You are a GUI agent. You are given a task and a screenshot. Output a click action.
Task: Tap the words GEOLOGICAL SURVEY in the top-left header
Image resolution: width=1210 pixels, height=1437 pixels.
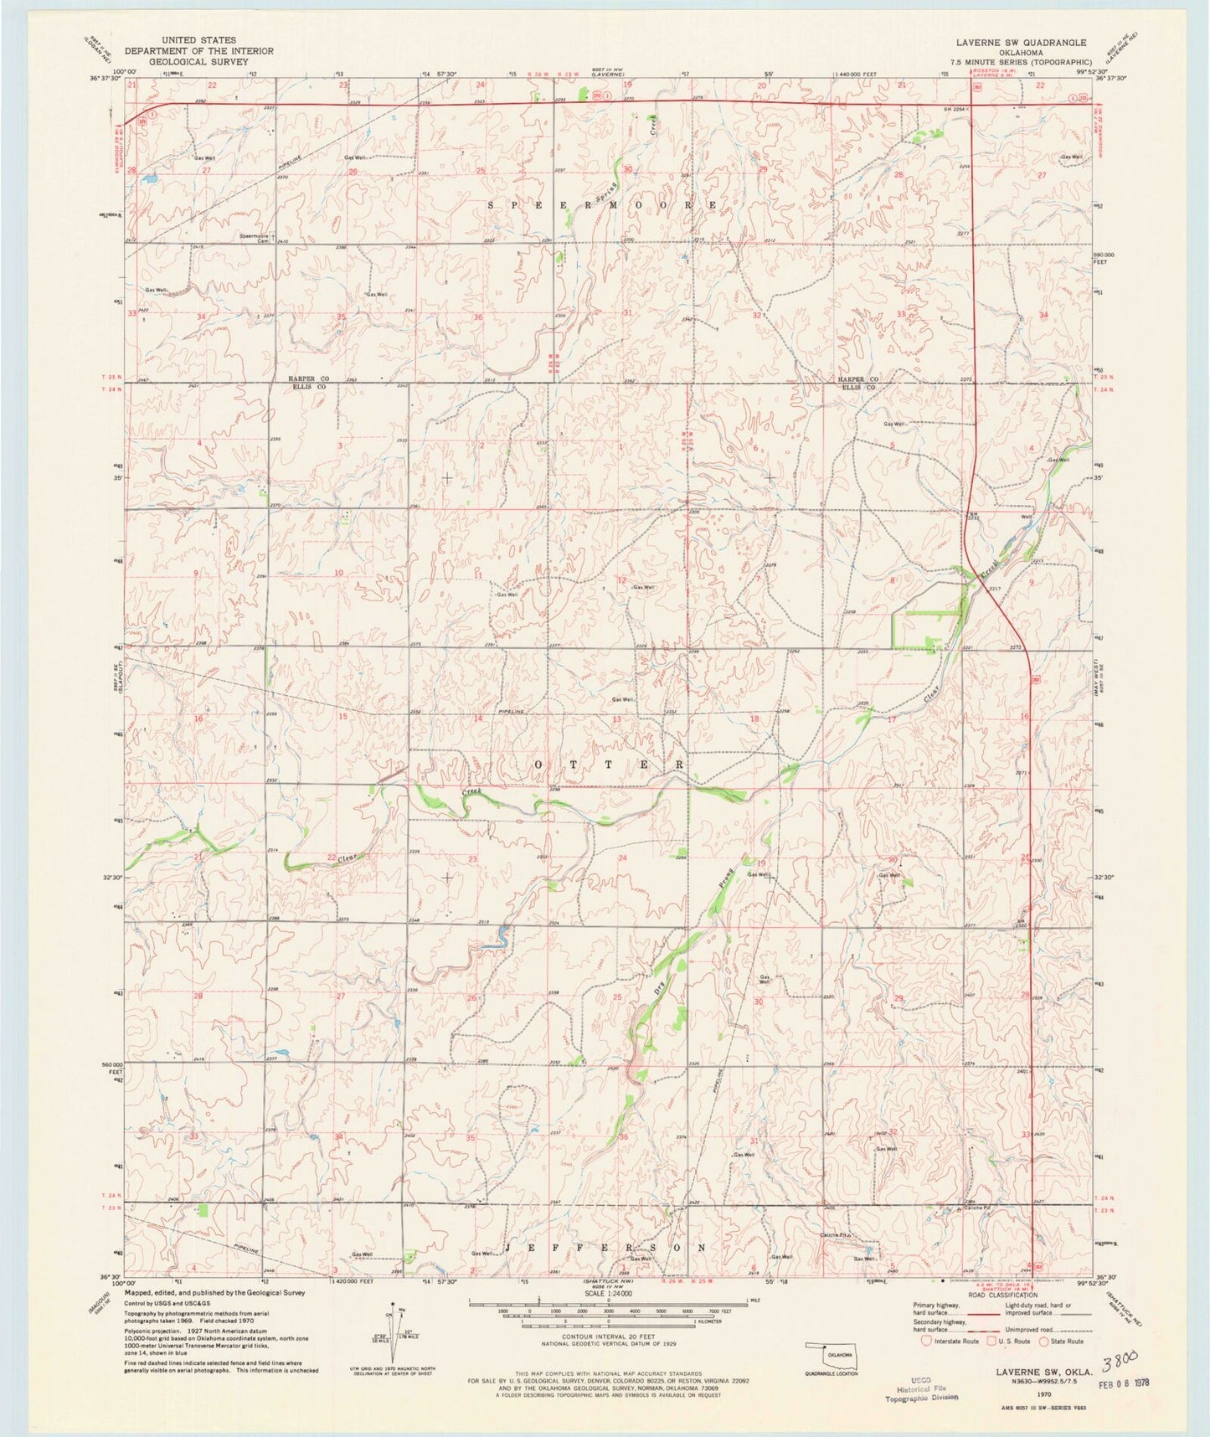point(199,61)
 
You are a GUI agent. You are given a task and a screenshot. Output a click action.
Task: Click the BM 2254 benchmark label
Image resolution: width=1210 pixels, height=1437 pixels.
point(955,109)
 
